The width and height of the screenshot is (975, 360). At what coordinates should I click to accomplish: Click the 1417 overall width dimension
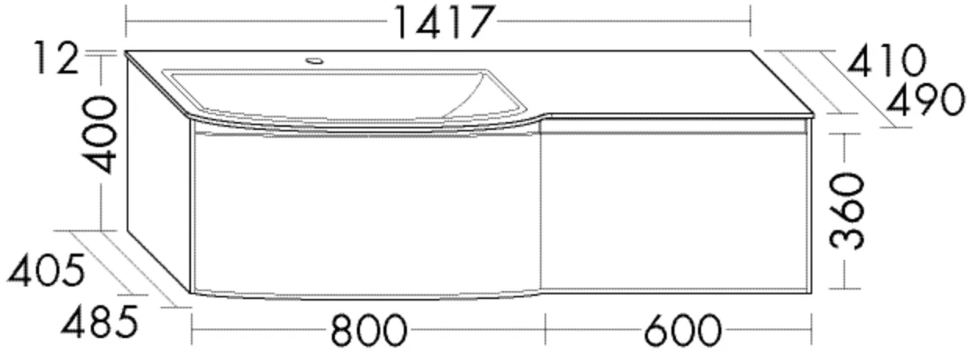coord(444,22)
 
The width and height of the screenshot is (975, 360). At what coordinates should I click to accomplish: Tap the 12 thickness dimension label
coord(56,57)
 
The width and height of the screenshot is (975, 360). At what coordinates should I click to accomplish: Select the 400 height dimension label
coord(102,135)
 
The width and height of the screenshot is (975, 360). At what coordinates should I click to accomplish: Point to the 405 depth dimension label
coord(46,270)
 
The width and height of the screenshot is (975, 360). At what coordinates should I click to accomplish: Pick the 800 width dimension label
coord(369,330)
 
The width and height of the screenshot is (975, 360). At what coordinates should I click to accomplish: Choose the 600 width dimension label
coord(682,330)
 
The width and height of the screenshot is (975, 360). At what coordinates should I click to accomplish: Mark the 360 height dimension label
coord(847,211)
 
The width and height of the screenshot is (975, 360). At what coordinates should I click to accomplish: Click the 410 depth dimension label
coord(887,61)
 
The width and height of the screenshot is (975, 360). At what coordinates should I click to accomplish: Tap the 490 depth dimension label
coord(926,99)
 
